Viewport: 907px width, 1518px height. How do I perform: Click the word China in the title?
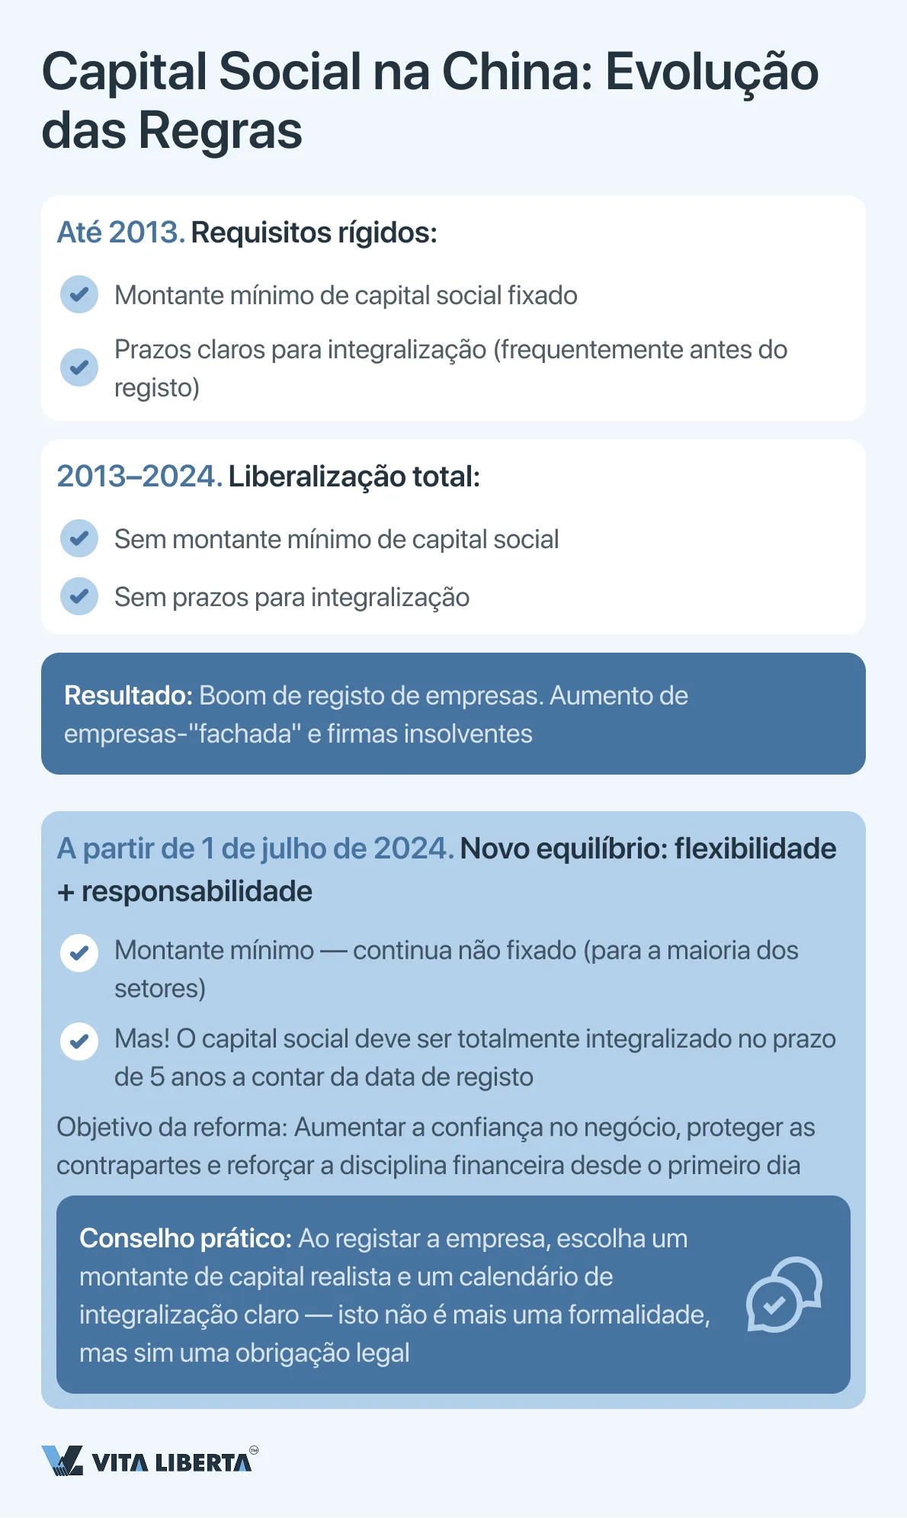click(x=516, y=72)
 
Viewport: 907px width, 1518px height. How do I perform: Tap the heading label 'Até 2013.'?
click(x=120, y=233)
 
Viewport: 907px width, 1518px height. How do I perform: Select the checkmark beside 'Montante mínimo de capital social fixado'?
click(x=79, y=294)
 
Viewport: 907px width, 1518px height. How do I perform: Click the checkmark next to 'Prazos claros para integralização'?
click(x=79, y=367)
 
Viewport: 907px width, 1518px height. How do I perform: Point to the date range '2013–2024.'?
click(x=139, y=477)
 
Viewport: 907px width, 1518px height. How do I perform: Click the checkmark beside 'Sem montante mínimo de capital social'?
click(x=79, y=538)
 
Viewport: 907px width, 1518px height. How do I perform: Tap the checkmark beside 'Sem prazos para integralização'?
click(x=79, y=596)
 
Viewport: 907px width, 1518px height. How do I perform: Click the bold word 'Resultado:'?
click(x=128, y=695)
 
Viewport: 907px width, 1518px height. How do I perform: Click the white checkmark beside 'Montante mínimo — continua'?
click(x=79, y=953)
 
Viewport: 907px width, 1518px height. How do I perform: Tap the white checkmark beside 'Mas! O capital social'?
click(x=79, y=1041)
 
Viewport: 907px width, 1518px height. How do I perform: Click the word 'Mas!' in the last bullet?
click(x=142, y=1038)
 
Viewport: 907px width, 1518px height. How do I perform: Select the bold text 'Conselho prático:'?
click(x=185, y=1238)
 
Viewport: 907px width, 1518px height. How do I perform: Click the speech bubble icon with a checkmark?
click(x=783, y=1295)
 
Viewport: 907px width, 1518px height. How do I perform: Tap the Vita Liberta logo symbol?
click(x=62, y=1460)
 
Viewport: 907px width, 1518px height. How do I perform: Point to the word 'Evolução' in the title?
click(x=711, y=72)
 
